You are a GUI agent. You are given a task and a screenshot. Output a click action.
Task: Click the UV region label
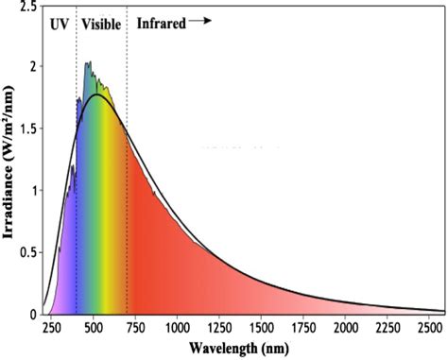pos(59,25)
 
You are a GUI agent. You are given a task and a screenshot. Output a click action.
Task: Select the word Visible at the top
pos(101,25)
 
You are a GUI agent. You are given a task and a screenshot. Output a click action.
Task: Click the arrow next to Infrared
pos(200,20)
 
